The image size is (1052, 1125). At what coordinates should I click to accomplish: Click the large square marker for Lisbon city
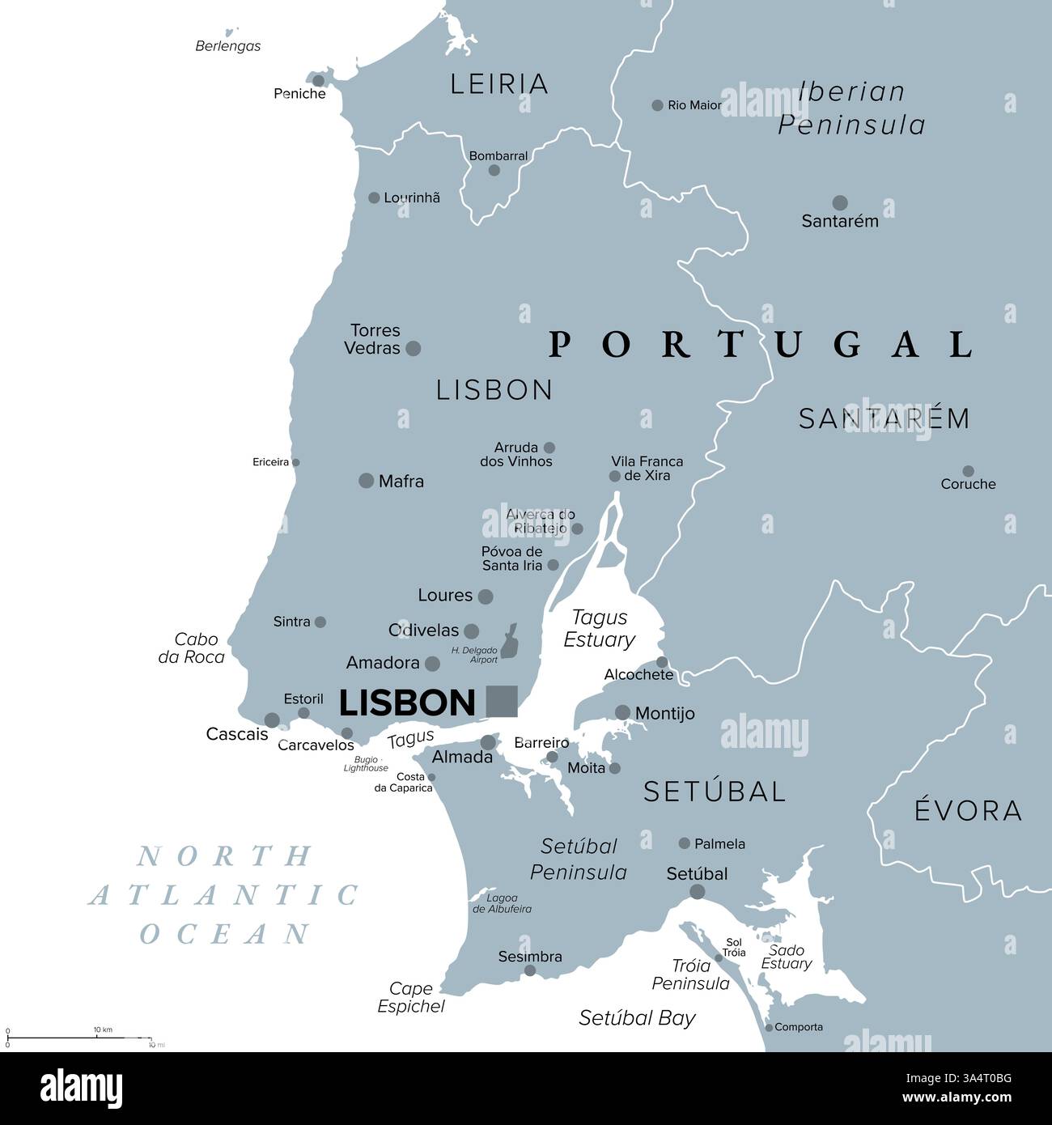point(501,701)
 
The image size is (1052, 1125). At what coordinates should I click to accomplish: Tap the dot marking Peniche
point(319,80)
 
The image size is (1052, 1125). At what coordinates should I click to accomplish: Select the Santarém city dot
point(840,202)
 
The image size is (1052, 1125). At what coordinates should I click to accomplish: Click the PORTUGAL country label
point(761,345)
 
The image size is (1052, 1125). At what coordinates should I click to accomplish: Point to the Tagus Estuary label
point(599,629)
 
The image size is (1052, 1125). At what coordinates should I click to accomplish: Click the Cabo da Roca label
point(192,648)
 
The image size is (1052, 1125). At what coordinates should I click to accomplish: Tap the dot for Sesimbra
point(530,970)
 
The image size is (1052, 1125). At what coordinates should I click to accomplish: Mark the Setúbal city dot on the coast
point(697,892)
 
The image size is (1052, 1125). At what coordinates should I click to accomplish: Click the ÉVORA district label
point(968,810)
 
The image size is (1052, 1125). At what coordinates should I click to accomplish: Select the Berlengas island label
point(228,46)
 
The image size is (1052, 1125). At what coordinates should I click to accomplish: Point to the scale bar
point(79,1037)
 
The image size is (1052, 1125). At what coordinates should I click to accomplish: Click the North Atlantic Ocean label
point(225,895)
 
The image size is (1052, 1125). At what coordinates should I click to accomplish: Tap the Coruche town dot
point(968,470)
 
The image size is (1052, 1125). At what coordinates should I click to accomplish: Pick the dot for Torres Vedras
point(413,348)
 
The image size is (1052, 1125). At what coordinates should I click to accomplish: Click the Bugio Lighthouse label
point(367,764)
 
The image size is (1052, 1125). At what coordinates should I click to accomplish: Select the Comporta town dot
point(769,1026)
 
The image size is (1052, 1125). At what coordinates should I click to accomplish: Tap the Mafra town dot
point(366,481)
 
